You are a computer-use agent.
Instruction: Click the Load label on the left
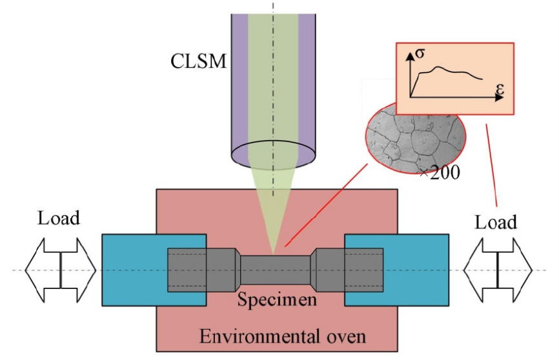59,218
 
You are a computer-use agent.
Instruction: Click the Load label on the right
496,223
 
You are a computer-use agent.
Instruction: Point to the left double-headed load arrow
60,268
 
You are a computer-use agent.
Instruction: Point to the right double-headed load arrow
497,269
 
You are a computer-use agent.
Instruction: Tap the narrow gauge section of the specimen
276,269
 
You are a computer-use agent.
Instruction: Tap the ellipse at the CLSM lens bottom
274,152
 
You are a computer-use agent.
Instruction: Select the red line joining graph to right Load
492,161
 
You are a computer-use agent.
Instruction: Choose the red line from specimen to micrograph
323,206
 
